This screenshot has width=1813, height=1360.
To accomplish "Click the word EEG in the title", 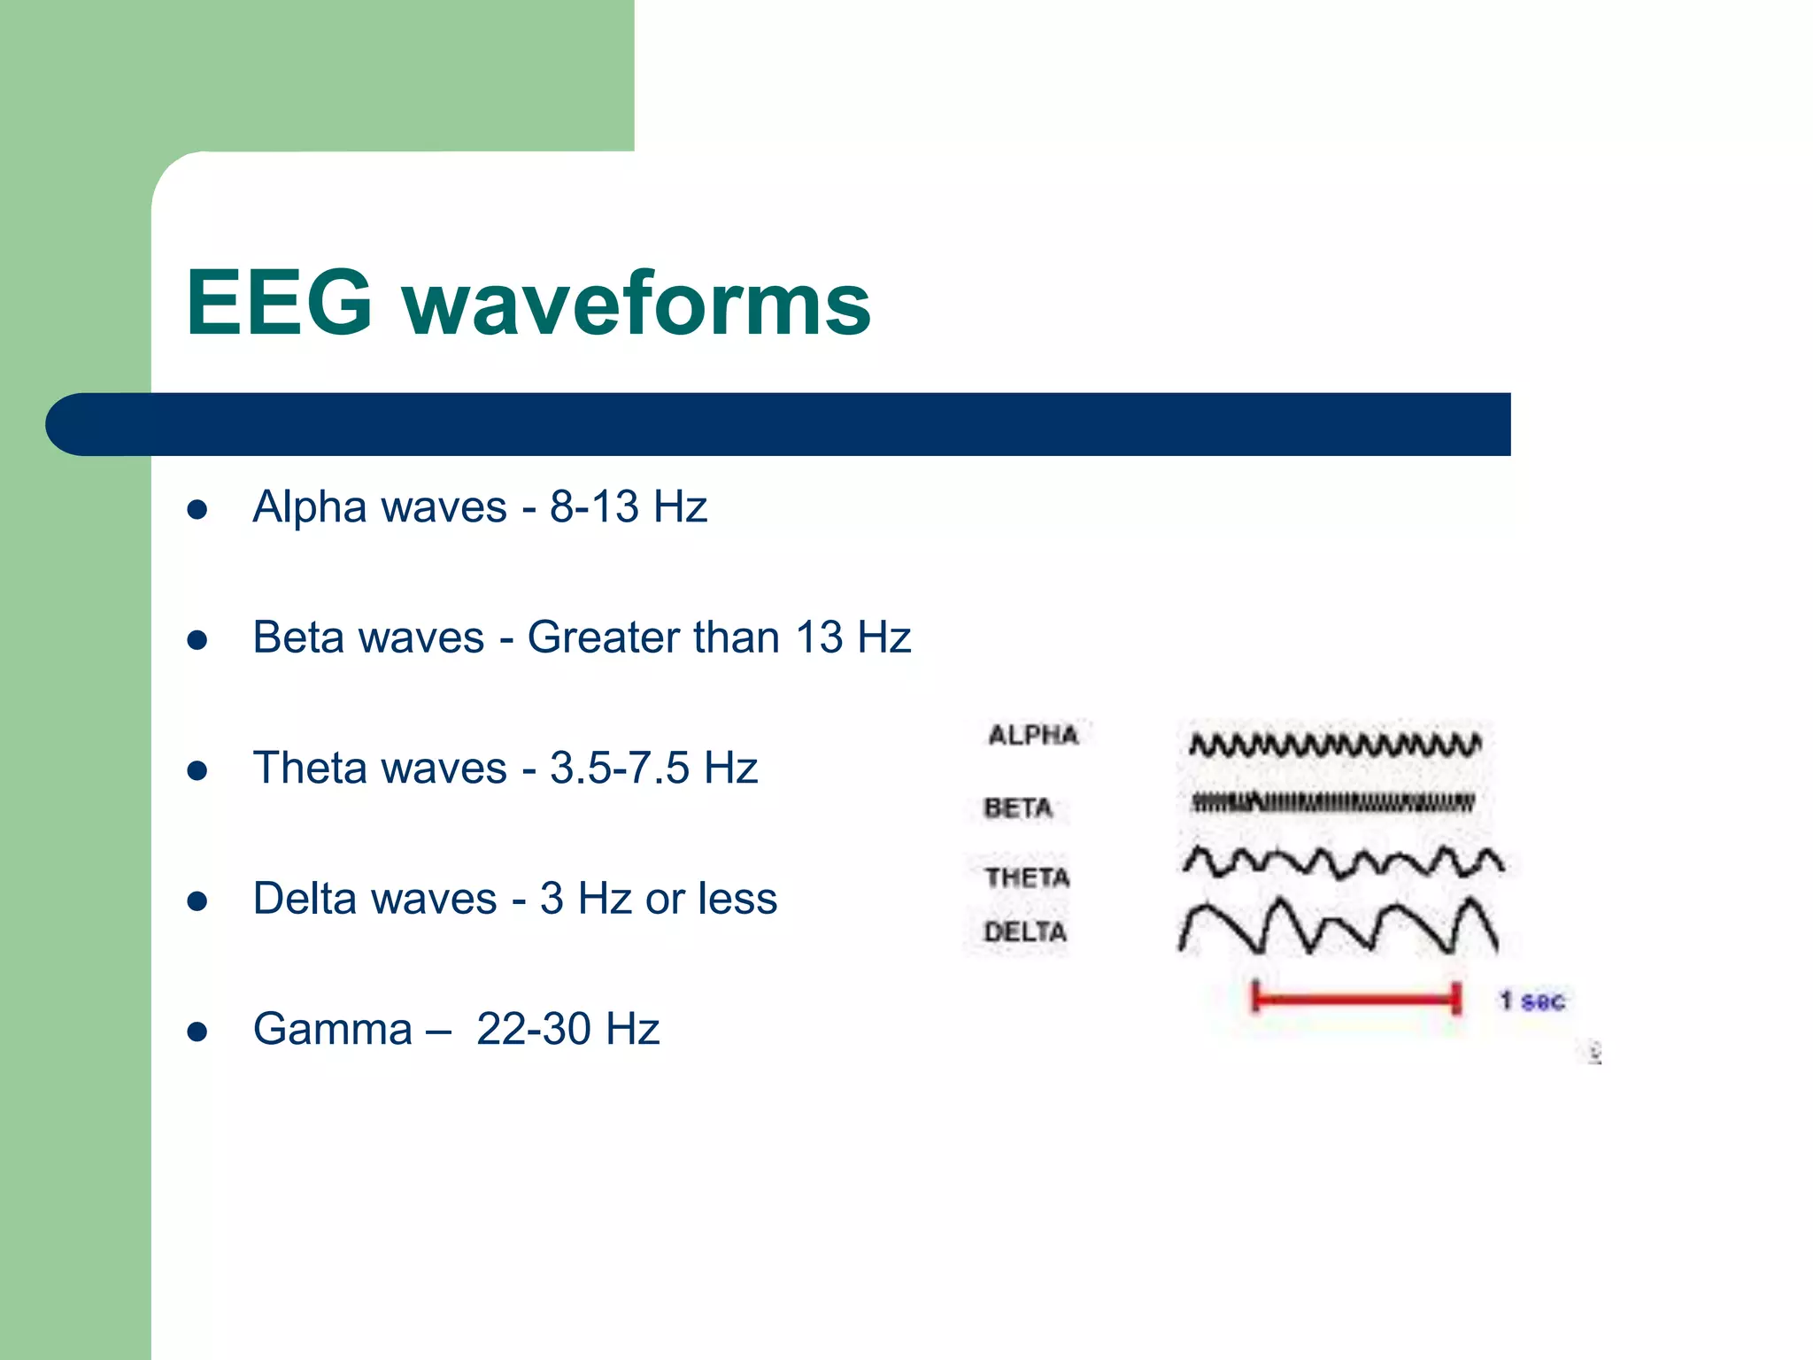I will point(279,303).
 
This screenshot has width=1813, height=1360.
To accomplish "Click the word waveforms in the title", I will point(637,303).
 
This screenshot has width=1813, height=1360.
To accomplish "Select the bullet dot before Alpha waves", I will point(197,509).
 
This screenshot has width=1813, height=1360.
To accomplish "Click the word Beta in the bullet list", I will point(294,637).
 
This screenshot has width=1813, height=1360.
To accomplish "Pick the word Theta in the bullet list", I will point(307,768).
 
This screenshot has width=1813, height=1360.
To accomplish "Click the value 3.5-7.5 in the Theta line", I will point(619,768).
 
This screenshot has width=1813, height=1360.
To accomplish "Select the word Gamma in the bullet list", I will point(333,1030).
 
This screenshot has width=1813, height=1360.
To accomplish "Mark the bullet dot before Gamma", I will point(197,1032).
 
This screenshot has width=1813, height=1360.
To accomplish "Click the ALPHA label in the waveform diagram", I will point(1033,735).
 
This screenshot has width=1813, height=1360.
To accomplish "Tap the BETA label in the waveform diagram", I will point(1018,807).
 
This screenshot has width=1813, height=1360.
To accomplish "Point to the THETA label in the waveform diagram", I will point(1027,877).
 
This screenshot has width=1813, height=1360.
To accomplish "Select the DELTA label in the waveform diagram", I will point(1025,931).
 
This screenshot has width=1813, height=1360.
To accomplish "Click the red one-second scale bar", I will point(1355,1000).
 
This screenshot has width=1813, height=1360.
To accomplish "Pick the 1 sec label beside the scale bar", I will point(1532,1001).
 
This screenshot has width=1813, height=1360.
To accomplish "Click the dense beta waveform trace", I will point(1332,803).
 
